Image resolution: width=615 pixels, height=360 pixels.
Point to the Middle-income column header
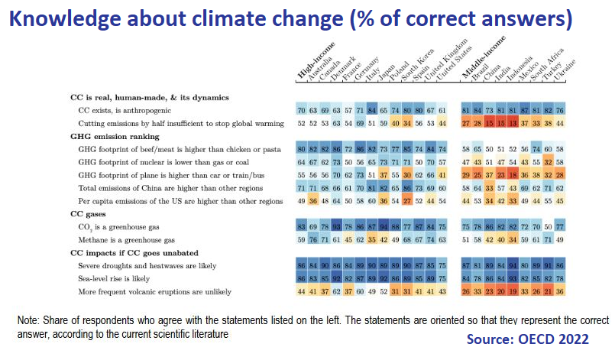point(476,60)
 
